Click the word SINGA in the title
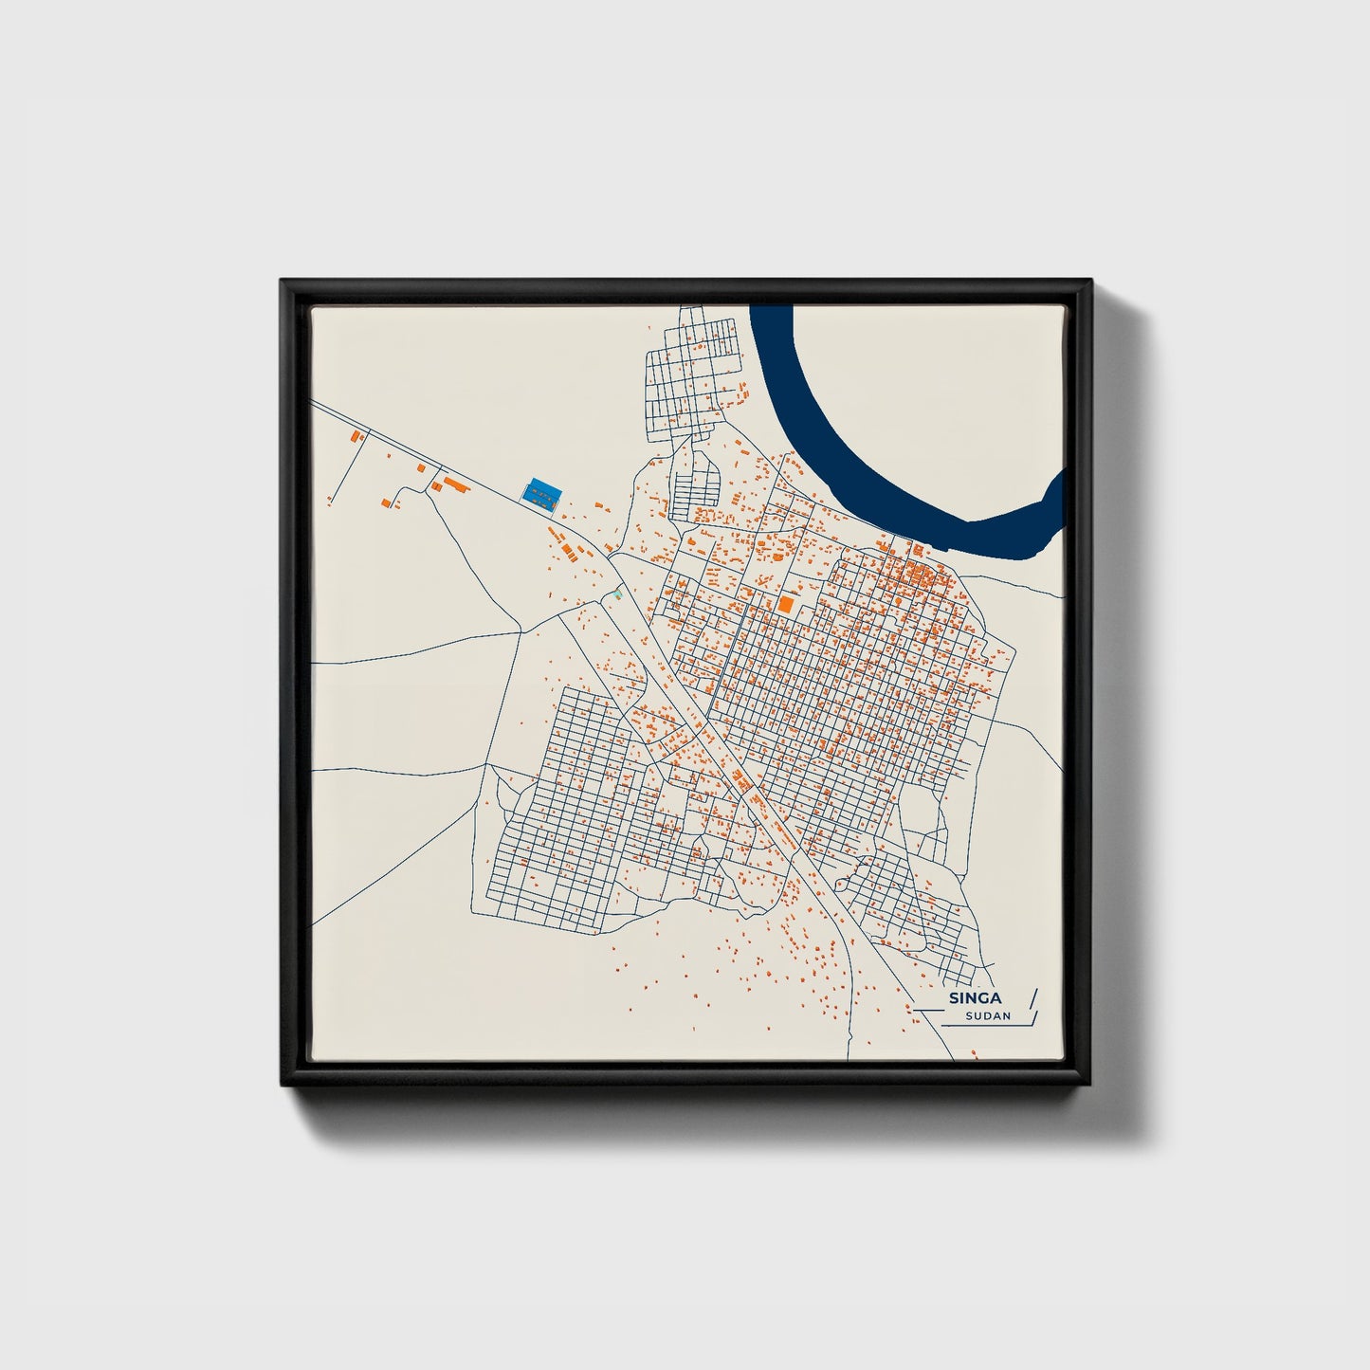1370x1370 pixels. (975, 998)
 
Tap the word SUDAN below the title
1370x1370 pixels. (988, 1016)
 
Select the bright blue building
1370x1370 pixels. (540, 492)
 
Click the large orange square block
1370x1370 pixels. (785, 602)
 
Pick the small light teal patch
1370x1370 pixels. (618, 594)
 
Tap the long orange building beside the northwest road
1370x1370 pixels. (458, 484)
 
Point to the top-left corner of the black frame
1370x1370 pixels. (283, 282)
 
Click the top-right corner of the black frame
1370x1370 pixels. (1090, 282)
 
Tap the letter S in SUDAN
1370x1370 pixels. (969, 1016)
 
